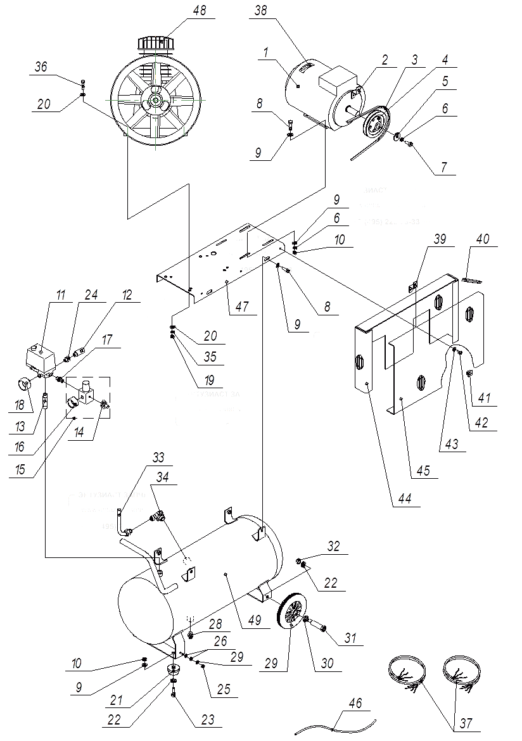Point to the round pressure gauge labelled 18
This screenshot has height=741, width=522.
pyautogui.click(x=25, y=384)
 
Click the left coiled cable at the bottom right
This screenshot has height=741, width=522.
pyautogui.click(x=405, y=671)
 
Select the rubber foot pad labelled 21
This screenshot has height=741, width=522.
pyautogui.click(x=172, y=669)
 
